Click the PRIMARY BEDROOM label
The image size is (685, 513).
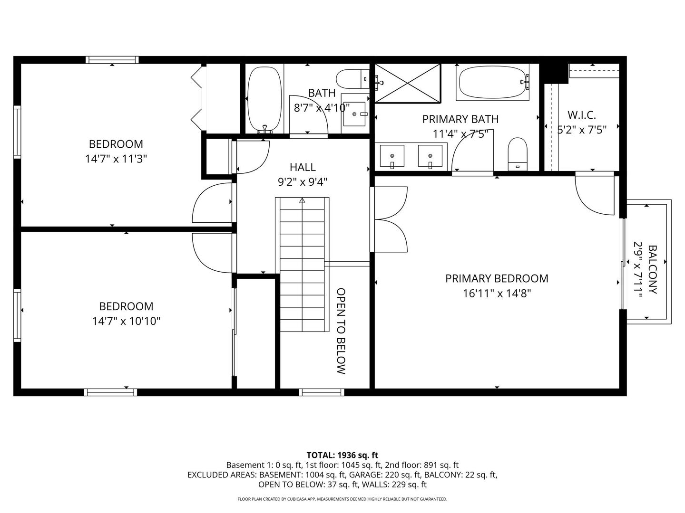click(x=497, y=278)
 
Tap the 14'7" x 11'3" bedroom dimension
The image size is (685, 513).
click(x=116, y=159)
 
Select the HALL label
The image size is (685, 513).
click(x=303, y=167)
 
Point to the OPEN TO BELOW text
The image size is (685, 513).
click(x=341, y=331)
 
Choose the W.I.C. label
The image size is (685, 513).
click(x=581, y=115)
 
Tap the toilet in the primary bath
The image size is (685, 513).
click(x=518, y=153)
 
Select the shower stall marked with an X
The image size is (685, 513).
click(x=408, y=83)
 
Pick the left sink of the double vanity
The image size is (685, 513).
click(x=392, y=156)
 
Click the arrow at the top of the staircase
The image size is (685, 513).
click(x=302, y=200)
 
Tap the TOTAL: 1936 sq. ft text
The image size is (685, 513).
click(x=342, y=455)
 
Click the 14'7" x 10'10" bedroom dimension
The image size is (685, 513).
click(x=126, y=322)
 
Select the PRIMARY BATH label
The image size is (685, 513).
click(x=460, y=119)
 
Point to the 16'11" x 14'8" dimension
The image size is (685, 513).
click(x=497, y=294)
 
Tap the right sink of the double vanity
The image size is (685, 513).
click(x=430, y=156)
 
